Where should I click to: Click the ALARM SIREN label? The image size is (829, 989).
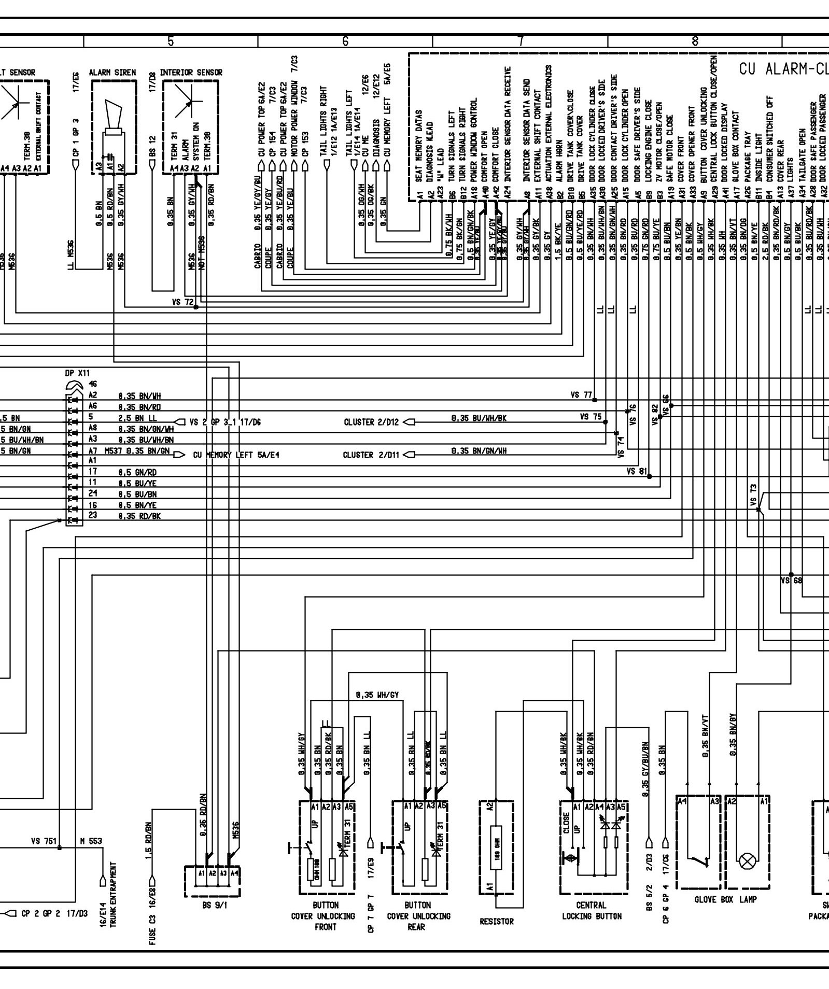click(x=113, y=73)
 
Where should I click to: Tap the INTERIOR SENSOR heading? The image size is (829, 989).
click(x=191, y=73)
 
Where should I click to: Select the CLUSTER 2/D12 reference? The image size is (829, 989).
click(x=371, y=422)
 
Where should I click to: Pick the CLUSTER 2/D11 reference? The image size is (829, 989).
click(x=371, y=455)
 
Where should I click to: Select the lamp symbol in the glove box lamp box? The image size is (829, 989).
click(x=747, y=862)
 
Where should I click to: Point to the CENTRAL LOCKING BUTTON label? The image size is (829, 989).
click(x=592, y=911)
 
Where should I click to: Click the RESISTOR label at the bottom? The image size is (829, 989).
click(x=496, y=922)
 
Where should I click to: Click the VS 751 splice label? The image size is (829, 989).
click(x=44, y=841)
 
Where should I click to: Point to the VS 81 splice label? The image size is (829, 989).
click(x=637, y=471)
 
